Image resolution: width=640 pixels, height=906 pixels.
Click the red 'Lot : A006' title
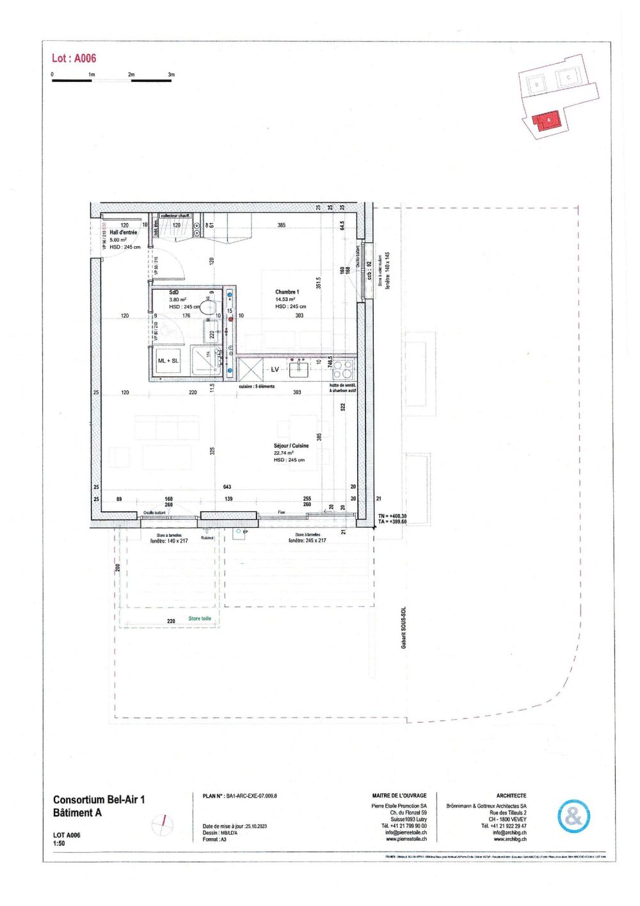click(x=74, y=58)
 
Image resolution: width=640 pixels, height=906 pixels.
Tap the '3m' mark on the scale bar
click(x=171, y=75)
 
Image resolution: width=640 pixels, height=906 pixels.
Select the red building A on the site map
click(x=547, y=120)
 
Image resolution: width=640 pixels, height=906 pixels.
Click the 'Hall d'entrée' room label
click(x=123, y=233)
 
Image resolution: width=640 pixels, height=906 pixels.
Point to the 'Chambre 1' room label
click(x=287, y=292)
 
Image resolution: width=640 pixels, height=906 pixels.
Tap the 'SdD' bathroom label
click(x=174, y=292)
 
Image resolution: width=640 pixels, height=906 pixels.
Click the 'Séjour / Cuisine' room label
click(x=291, y=446)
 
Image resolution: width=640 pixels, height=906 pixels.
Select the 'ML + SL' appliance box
click(x=168, y=361)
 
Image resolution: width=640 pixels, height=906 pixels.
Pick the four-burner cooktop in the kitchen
click(x=342, y=370)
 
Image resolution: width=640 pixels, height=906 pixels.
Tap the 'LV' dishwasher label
click(x=275, y=370)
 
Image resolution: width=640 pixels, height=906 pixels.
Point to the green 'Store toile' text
click(x=199, y=619)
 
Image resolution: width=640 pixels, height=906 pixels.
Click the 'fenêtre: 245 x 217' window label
click(x=307, y=541)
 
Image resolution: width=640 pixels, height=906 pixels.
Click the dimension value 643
click(x=227, y=487)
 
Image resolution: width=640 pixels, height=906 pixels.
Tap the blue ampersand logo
click(x=573, y=816)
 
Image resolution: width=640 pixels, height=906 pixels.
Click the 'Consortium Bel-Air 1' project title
click(x=99, y=800)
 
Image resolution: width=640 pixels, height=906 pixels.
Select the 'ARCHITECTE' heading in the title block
click(x=511, y=795)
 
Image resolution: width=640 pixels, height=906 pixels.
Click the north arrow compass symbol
click(x=163, y=823)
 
